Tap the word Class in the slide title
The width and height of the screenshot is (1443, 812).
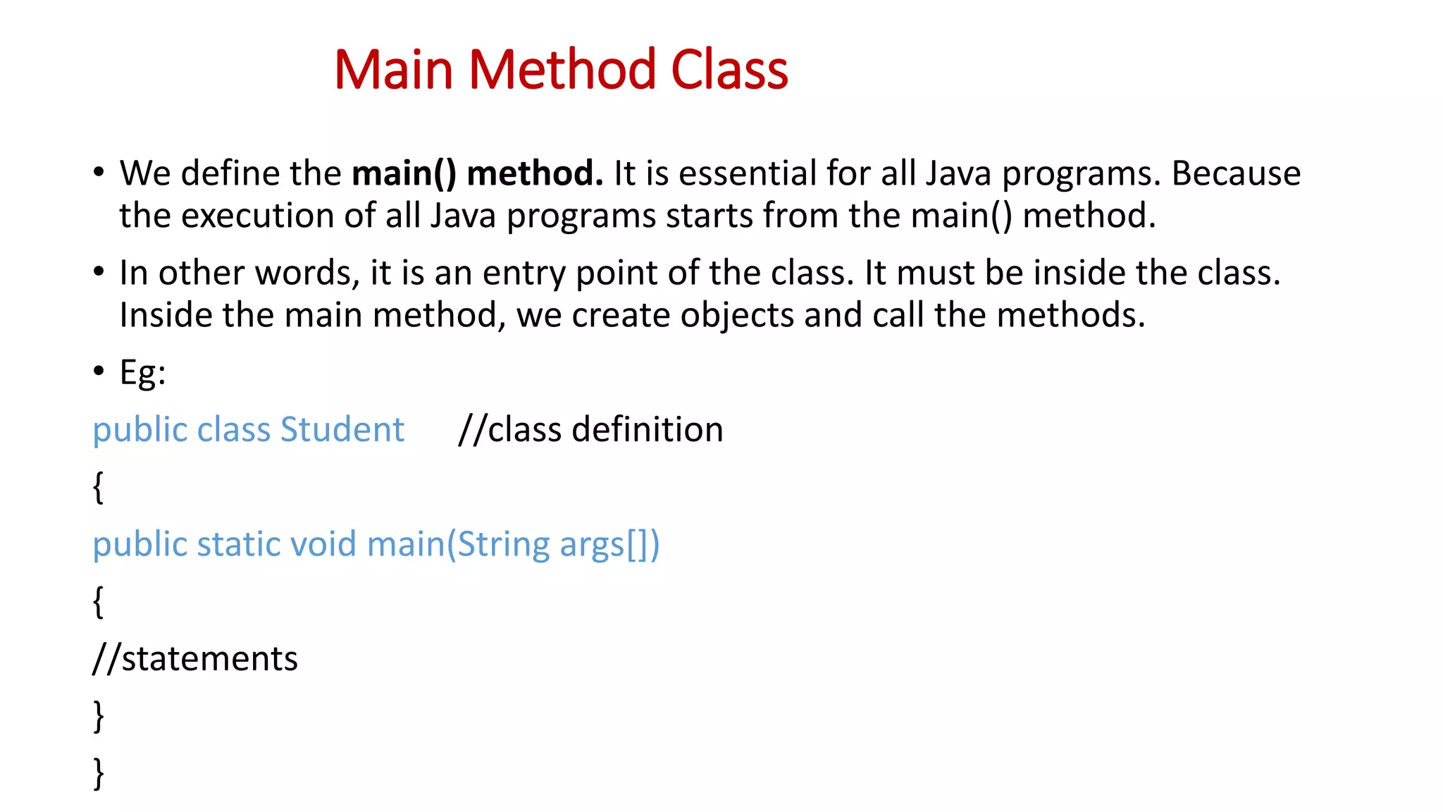click(729, 70)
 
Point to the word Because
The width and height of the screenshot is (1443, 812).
click(1235, 173)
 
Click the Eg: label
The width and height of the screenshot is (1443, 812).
click(142, 372)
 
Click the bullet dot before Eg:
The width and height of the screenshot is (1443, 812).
click(99, 371)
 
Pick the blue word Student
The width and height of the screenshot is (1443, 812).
click(342, 430)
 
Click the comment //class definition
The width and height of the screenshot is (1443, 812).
click(590, 430)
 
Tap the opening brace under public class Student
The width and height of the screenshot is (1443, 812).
click(98, 487)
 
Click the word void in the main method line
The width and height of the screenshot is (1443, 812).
click(323, 544)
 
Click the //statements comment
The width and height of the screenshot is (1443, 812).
click(195, 659)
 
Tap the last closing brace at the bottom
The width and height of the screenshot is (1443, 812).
click(98, 773)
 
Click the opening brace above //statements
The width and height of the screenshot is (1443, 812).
click(98, 602)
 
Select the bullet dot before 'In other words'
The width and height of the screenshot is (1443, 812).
click(99, 271)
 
